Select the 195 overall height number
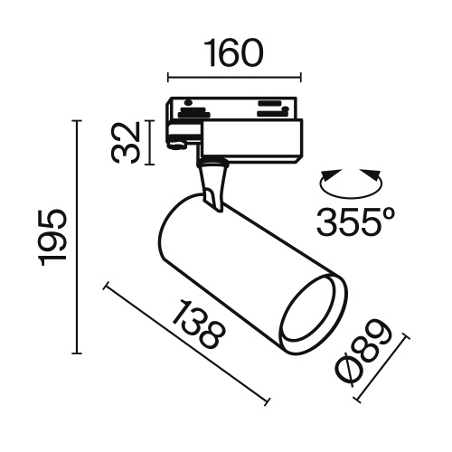click(x=53, y=237)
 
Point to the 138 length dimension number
click(x=195, y=325)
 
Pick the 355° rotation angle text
click(x=356, y=221)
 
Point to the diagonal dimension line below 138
click(x=188, y=345)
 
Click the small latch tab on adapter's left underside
click(x=178, y=141)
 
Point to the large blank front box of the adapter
click(x=255, y=144)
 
